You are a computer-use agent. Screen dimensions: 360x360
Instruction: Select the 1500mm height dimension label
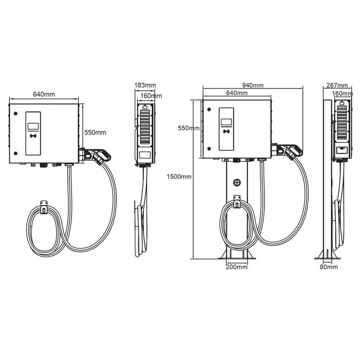(179, 177)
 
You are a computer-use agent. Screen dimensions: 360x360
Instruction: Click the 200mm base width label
(237, 267)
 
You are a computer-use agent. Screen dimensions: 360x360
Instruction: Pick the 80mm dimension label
(329, 267)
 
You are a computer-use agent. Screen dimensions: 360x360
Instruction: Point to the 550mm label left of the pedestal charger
(189, 128)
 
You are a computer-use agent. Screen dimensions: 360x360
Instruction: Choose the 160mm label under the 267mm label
(343, 94)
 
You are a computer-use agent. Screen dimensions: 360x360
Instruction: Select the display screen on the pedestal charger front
(227, 122)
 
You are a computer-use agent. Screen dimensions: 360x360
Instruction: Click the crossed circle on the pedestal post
(237, 182)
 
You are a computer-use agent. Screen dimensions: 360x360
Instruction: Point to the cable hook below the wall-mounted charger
(43, 205)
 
